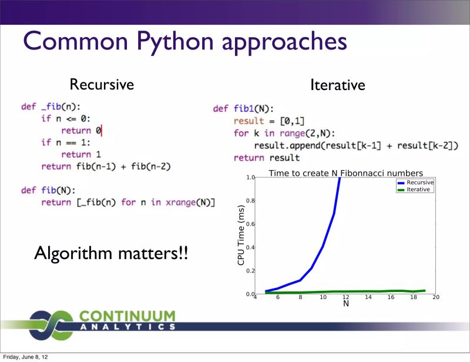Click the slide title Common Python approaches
pos(184,42)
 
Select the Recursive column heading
pos(102,85)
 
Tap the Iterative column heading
pos(337,85)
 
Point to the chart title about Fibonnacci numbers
pos(345,173)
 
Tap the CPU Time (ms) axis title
pos(241,235)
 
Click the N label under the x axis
pos(345,304)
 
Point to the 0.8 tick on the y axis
pos(250,201)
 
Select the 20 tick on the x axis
pos(436,298)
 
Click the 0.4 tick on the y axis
pos(250,247)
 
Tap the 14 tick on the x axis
pos(368,298)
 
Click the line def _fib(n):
pos(51,107)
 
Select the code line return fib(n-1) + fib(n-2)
pos(106,167)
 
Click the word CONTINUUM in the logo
pos(126,316)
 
